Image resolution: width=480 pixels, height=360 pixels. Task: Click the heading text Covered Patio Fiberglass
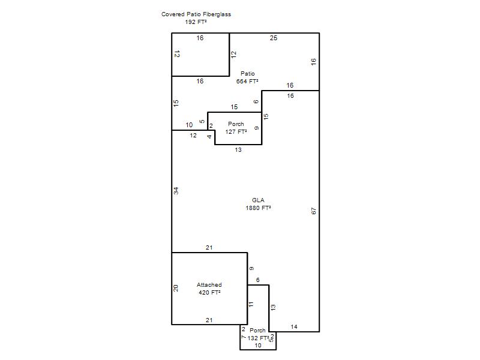click(x=196, y=14)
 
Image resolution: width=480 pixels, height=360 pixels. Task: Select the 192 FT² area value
click(x=196, y=22)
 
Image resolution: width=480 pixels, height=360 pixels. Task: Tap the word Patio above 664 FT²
click(x=247, y=73)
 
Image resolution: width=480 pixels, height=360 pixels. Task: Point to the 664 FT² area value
click(x=247, y=82)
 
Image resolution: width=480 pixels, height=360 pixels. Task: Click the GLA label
click(x=258, y=200)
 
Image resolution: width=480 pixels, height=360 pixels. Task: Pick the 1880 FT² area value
click(x=258, y=208)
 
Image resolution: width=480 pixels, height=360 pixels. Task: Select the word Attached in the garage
click(x=209, y=284)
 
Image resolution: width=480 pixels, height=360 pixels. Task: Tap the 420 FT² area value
click(x=209, y=293)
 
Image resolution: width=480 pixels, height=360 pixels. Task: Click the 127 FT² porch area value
click(x=236, y=132)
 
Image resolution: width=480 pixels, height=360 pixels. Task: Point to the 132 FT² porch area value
click(x=258, y=338)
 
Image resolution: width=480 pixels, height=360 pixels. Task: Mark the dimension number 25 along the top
click(x=274, y=38)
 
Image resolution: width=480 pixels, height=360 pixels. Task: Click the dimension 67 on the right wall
click(x=313, y=211)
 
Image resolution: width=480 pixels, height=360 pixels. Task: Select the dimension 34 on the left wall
click(x=176, y=191)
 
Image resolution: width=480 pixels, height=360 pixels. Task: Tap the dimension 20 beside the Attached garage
click(x=176, y=288)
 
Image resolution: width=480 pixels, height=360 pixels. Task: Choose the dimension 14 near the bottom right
click(x=294, y=327)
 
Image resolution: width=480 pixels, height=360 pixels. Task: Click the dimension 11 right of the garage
click(x=251, y=304)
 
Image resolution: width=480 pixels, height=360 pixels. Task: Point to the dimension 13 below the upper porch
click(x=238, y=150)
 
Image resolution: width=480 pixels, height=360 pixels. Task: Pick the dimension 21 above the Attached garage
click(x=209, y=248)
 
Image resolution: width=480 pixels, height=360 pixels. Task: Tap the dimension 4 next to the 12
click(x=209, y=137)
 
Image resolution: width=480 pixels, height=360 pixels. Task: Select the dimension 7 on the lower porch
click(x=244, y=337)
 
